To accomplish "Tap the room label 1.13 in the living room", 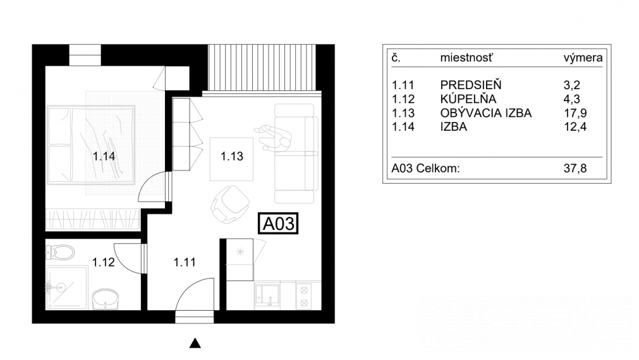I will click(232, 157).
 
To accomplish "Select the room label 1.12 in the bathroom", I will click(103, 261).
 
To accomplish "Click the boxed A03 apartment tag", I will click(279, 224).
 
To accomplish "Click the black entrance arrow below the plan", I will click(196, 344).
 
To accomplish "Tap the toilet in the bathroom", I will click(61, 253).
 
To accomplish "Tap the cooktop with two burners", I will click(303, 296).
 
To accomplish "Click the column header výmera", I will click(582, 58).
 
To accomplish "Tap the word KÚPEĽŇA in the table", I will click(468, 99).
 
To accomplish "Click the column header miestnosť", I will click(466, 58).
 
